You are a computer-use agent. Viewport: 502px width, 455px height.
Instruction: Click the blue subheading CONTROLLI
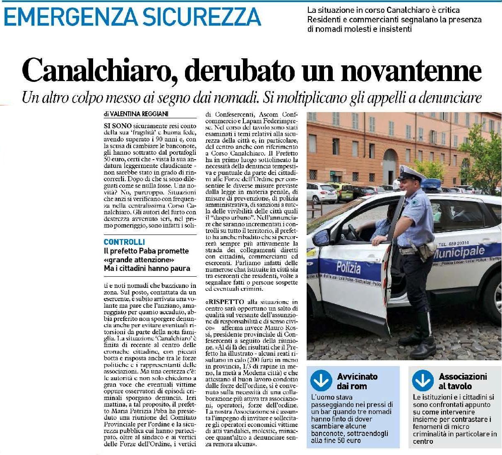(x=124, y=242)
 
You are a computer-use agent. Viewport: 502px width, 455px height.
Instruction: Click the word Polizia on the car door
(x=348, y=268)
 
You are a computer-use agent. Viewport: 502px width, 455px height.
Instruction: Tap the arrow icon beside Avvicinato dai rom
(x=322, y=381)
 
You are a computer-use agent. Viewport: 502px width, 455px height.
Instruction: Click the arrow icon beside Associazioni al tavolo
(x=423, y=381)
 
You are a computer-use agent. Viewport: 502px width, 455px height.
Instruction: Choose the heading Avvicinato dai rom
(x=357, y=381)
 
